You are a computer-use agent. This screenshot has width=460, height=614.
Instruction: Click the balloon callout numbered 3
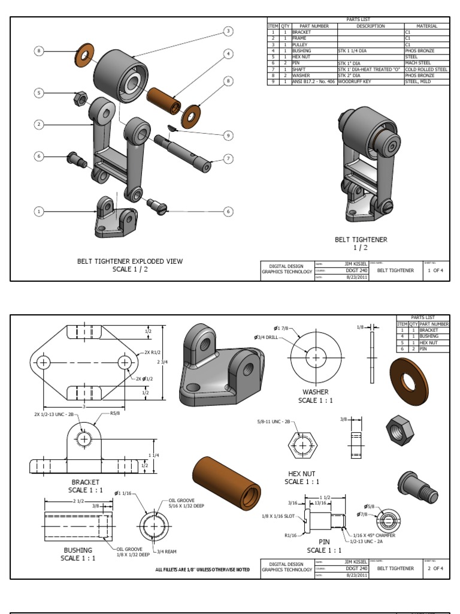[228, 31]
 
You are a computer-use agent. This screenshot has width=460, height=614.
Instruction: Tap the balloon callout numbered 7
[228, 158]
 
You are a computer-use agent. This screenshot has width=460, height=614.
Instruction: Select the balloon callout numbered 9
[228, 136]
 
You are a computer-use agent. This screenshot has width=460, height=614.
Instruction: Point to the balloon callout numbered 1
[39, 211]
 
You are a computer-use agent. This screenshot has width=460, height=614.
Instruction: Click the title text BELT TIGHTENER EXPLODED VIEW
[130, 261]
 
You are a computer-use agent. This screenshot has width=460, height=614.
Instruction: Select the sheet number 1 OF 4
[435, 270]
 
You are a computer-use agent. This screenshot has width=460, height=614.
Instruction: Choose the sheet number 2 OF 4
[435, 568]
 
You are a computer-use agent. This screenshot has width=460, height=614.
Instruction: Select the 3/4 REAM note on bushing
[165, 551]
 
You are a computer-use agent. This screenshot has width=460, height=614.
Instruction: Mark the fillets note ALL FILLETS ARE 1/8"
[202, 569]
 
